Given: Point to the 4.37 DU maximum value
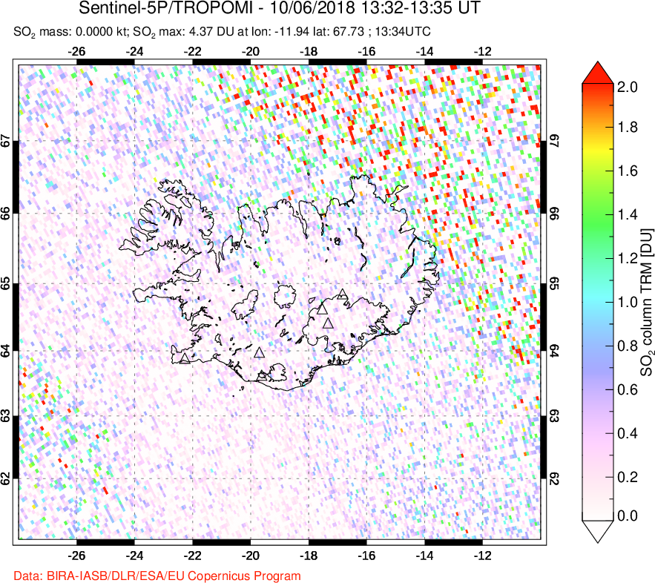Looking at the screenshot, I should point(214,32).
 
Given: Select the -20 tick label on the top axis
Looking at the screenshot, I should point(250,52).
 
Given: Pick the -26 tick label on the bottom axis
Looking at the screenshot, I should point(76,555).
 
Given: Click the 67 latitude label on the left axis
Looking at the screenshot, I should point(7,141).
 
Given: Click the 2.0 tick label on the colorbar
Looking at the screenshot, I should point(628,87).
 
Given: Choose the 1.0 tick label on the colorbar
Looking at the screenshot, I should point(628,302).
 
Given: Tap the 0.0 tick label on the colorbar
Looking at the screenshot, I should point(628,516).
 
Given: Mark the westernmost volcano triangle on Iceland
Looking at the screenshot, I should point(184,359).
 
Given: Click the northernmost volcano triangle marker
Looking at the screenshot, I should point(342,294).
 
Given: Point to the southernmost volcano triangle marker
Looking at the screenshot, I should point(261,376).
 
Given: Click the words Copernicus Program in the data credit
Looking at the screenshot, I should point(250,576).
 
